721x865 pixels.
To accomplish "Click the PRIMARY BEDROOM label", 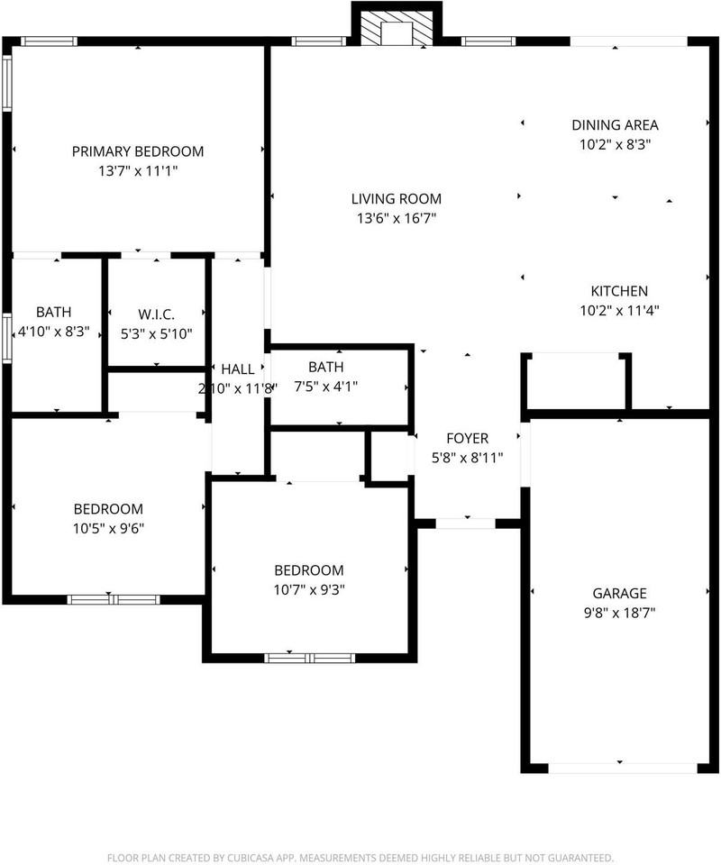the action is click(x=138, y=151).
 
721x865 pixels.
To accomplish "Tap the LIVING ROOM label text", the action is click(x=397, y=198).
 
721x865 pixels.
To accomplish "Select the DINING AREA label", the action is click(x=615, y=125).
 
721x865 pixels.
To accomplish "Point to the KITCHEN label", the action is click(x=619, y=291).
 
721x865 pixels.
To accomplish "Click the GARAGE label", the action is click(x=619, y=593).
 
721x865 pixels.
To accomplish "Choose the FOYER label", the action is click(x=467, y=438).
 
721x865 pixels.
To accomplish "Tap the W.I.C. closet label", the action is click(x=156, y=314).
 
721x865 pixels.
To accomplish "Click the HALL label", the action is click(x=238, y=369).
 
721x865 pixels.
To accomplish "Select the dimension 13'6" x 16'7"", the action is click(x=397, y=218).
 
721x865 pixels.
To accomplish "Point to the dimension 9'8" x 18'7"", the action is click(x=619, y=613).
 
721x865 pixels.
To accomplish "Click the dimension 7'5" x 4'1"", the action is click(x=326, y=387).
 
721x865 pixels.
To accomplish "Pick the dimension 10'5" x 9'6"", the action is click(x=109, y=529).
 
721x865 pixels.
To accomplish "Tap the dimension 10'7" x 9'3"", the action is click(x=309, y=589).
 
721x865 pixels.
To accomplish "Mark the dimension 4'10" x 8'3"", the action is click(x=53, y=332).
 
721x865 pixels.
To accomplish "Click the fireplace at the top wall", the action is click(x=397, y=25).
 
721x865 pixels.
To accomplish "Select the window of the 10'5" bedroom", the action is click(x=114, y=600).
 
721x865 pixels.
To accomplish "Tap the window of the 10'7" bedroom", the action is click(x=309, y=658).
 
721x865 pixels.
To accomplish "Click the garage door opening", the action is click(x=623, y=768).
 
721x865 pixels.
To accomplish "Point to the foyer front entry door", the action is click(x=466, y=524).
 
